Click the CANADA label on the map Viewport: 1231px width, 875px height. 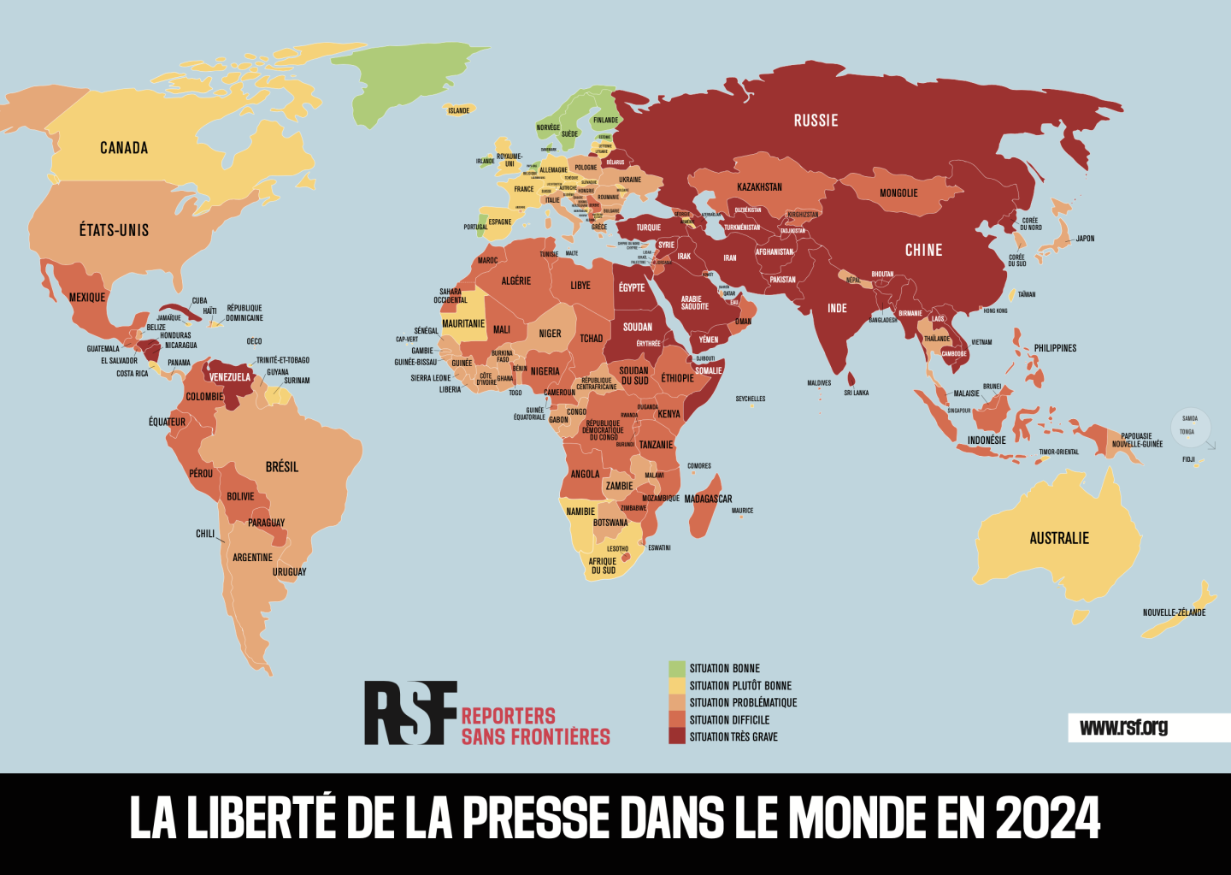click(x=124, y=148)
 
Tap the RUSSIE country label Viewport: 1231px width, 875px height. click(x=816, y=121)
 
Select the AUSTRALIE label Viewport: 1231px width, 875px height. click(x=1059, y=538)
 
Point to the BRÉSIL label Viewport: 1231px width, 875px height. click(x=281, y=467)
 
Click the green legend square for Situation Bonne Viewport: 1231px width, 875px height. click(x=677, y=668)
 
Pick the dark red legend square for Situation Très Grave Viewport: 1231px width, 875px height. click(x=677, y=736)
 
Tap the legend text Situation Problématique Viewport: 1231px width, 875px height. click(x=743, y=702)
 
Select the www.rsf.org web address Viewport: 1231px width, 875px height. click(x=1123, y=727)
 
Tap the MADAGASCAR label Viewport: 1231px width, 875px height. click(x=708, y=499)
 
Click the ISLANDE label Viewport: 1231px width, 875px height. click(x=459, y=110)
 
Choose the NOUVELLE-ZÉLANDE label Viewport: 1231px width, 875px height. click(x=1174, y=612)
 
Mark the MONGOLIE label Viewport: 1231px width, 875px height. click(x=898, y=193)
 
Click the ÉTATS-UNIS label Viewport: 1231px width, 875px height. click(x=114, y=230)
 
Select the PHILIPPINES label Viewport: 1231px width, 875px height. click(x=1055, y=348)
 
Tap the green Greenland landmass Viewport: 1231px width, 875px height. click(x=410, y=77)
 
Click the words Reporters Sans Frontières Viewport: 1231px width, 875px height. click(x=535, y=726)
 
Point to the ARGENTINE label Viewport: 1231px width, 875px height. click(x=252, y=558)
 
